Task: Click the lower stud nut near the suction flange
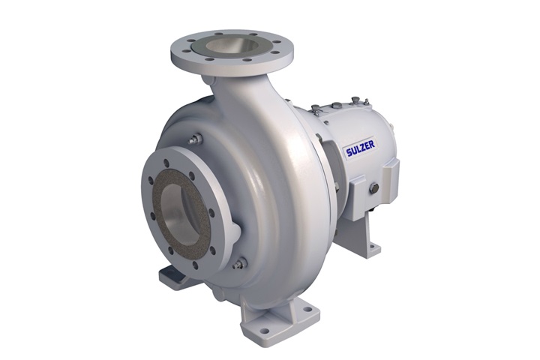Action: pyautogui.click(x=241, y=262)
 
